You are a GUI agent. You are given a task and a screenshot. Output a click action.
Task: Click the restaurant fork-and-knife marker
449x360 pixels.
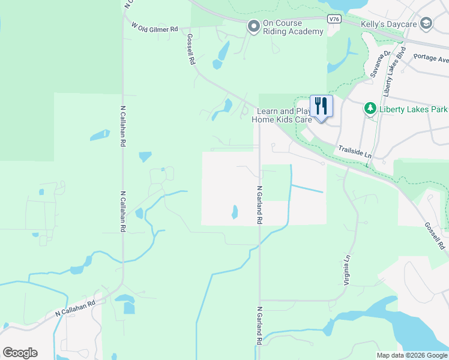coord(321,107)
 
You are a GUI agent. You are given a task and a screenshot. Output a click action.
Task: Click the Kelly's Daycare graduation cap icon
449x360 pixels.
coord(426,23)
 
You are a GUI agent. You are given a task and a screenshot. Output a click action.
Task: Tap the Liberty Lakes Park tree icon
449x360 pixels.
coord(370,109)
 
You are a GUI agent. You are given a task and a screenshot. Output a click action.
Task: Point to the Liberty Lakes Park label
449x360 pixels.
coord(414,110)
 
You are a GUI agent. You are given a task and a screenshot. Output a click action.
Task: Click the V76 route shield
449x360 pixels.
coord(335,19)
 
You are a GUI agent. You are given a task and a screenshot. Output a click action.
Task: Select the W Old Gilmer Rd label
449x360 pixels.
coord(155,28)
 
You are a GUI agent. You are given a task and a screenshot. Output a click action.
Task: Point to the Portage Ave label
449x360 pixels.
coord(435,59)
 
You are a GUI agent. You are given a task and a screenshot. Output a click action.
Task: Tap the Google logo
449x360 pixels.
coord(20,352)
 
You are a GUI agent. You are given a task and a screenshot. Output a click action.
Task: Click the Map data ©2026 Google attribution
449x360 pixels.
coord(412,355)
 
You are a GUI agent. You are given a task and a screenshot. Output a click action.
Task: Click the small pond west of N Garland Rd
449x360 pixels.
coord(234,212)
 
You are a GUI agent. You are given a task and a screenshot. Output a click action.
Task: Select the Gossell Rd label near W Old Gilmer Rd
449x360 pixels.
coord(191,49)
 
